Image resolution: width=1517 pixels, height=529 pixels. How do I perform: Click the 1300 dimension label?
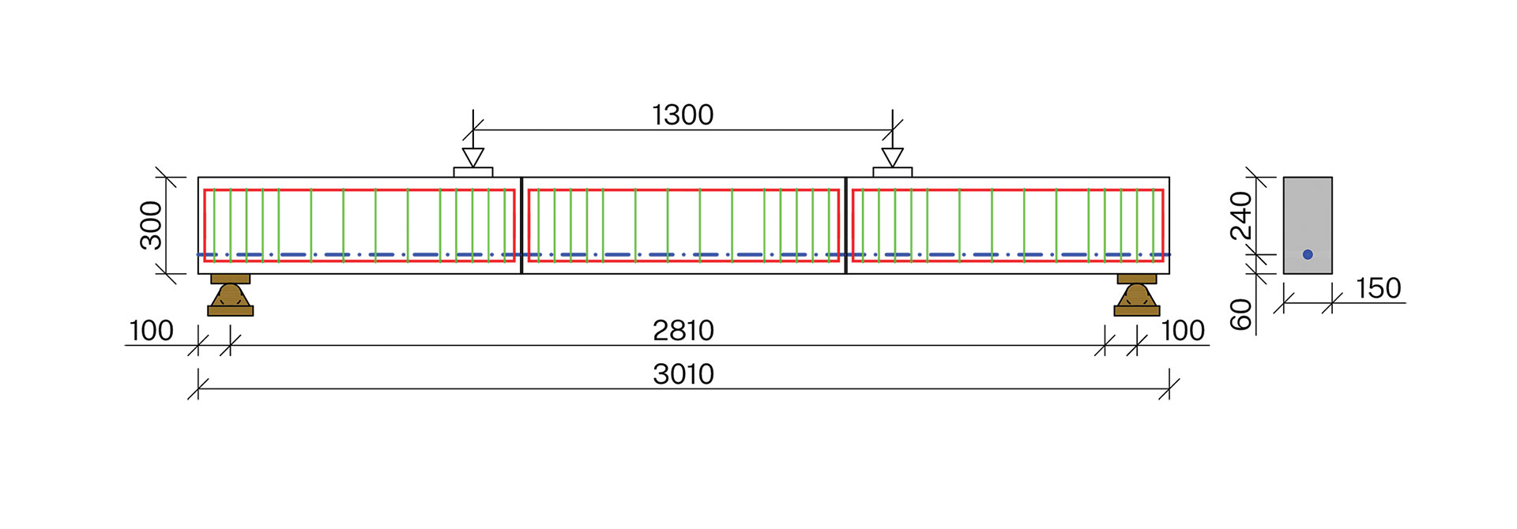(683, 115)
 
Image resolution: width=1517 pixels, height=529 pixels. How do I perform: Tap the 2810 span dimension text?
(683, 331)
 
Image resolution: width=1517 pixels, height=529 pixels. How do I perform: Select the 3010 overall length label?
(683, 374)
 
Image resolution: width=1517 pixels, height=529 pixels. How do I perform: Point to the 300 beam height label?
(151, 225)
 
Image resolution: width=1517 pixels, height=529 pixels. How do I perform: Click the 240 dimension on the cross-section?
(1241, 215)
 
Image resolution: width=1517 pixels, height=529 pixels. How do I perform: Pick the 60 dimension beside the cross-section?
(1241, 314)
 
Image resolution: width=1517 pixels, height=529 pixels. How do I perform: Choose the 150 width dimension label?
(1379, 288)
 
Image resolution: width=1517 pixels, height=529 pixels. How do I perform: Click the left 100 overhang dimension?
(151, 331)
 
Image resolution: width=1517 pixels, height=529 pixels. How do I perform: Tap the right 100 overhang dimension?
(1183, 331)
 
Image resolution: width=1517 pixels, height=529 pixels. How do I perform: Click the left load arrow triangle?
(473, 156)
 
